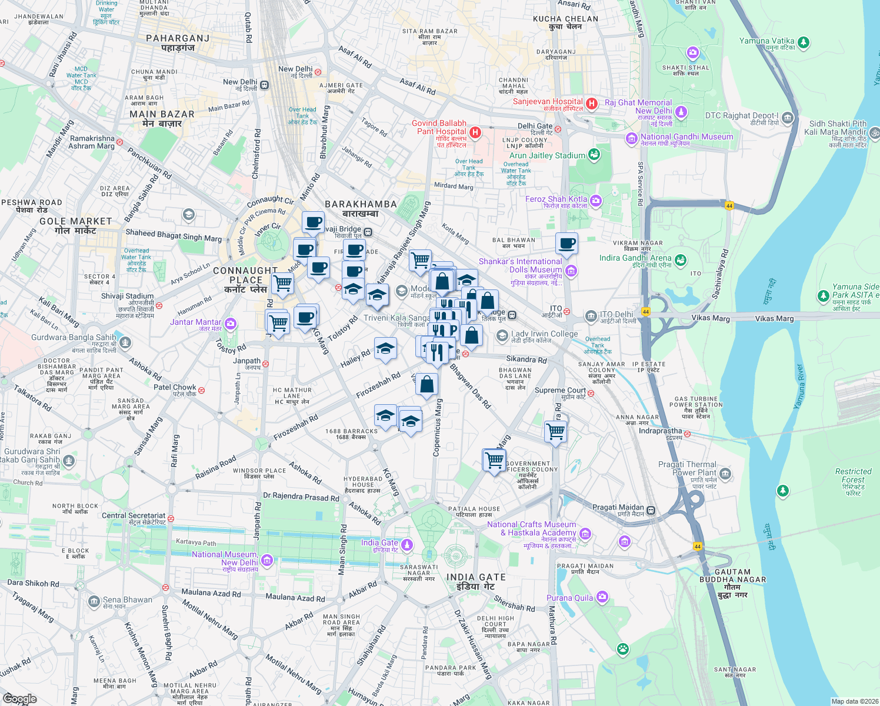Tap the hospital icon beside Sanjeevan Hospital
(x=592, y=104)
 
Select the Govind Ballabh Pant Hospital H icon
(x=475, y=132)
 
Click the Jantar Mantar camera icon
(x=231, y=323)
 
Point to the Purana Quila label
(x=569, y=598)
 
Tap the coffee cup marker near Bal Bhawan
(x=566, y=242)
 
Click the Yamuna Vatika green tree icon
(x=804, y=42)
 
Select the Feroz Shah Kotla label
(x=556, y=199)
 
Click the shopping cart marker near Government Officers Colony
(x=494, y=459)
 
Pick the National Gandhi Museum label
(x=686, y=136)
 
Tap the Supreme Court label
(x=560, y=390)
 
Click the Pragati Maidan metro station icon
(x=651, y=510)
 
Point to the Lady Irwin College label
(x=544, y=334)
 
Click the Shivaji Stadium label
(x=127, y=296)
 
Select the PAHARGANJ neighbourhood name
(x=178, y=38)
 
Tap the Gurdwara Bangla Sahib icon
(x=125, y=342)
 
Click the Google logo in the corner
(x=19, y=699)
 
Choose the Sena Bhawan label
(x=127, y=600)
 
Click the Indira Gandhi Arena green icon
(x=681, y=259)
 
